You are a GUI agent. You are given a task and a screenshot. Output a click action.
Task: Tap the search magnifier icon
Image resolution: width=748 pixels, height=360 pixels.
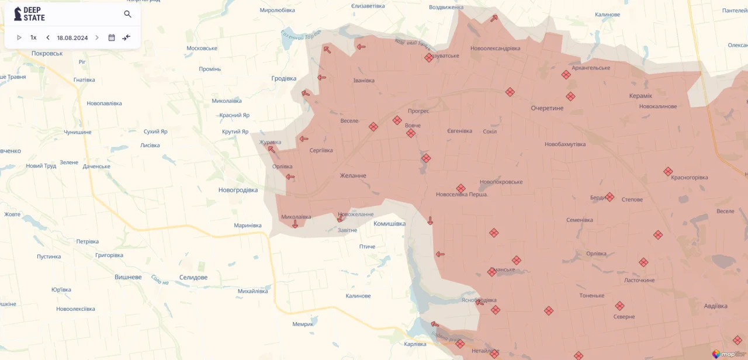[x=127, y=14]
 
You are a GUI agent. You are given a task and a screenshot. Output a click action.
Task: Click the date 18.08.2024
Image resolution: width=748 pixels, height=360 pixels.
[x=72, y=38]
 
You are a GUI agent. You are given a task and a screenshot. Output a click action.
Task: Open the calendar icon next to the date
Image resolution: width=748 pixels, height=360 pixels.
[x=112, y=38]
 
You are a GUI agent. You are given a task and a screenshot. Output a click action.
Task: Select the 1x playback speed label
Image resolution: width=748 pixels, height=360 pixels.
[x=33, y=38]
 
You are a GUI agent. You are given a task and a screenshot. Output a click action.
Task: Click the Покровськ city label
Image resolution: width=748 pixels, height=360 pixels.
[x=47, y=53]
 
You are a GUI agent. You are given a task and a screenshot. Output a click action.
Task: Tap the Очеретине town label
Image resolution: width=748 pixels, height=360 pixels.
[x=547, y=108]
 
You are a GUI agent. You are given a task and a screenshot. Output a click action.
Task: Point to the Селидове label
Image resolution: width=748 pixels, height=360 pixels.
[x=193, y=278]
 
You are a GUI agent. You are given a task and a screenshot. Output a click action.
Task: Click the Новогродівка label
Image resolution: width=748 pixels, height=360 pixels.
[x=238, y=190]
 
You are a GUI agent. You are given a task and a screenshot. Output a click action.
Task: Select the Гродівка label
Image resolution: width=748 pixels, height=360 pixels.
[x=284, y=78]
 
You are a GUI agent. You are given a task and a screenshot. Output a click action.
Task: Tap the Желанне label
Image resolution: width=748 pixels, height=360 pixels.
[x=353, y=176]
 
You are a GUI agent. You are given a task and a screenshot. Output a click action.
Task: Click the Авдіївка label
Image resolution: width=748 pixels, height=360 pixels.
[x=715, y=306]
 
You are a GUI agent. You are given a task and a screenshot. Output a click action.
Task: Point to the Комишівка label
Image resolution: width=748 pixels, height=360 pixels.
[x=389, y=224]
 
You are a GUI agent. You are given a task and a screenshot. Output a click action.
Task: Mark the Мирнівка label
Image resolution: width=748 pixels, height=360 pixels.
[x=247, y=226]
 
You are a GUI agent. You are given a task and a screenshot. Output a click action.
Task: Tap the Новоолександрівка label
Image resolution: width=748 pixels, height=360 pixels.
[x=495, y=48]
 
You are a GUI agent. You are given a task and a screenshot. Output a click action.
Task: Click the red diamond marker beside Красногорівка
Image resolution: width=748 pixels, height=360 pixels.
[x=668, y=171]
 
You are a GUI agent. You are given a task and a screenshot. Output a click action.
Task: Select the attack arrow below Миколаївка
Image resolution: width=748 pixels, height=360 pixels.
[x=295, y=224]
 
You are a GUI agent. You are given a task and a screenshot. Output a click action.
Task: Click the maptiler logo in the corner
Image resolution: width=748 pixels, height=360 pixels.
[x=729, y=354]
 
